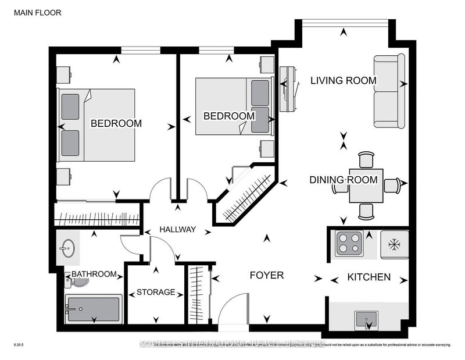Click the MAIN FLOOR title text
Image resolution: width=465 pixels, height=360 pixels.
pyautogui.click(x=35, y=12)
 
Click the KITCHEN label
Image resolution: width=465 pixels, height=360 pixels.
pyautogui.click(x=369, y=277)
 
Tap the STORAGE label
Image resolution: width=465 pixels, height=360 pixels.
pyautogui.click(x=155, y=292)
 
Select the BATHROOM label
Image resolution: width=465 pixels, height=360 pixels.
pyautogui.click(x=94, y=274)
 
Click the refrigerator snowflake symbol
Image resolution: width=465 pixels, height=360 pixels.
pyautogui.click(x=395, y=244)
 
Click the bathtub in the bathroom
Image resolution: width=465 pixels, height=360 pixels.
pyautogui.click(x=93, y=309)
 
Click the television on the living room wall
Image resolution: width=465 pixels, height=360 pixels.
pyautogui.click(x=288, y=89)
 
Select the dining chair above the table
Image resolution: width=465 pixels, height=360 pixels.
pyautogui.click(x=366, y=161)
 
